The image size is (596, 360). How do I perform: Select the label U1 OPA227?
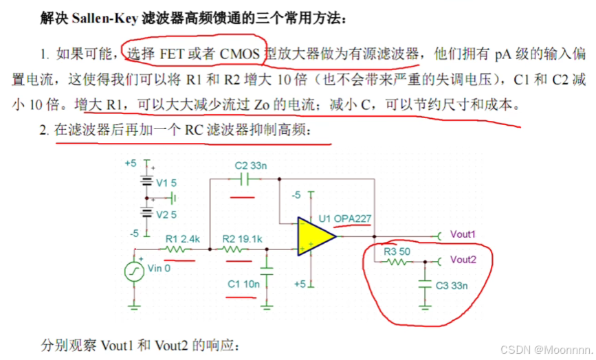[345, 219]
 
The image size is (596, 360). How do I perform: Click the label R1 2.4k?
[182, 239]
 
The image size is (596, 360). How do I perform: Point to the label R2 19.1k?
[241, 239]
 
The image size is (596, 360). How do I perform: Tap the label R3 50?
[397, 251]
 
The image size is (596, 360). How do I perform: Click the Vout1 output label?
[463, 234]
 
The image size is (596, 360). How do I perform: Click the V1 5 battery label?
[166, 183]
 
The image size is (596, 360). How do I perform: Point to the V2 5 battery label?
[166, 214]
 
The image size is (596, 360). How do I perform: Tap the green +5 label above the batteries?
[131, 164]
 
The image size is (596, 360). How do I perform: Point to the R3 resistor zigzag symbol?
[395, 262]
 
